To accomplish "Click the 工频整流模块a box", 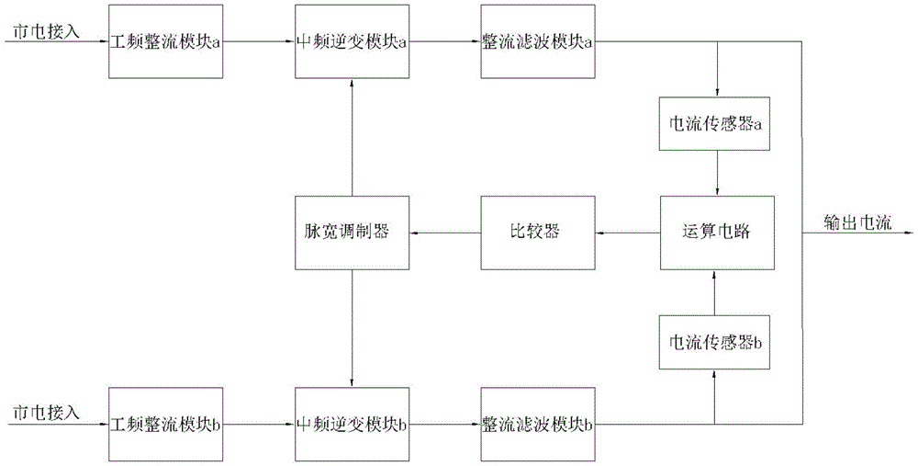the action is pos(165,41).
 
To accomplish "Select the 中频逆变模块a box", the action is pos(352,41).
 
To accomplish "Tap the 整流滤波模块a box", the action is pos(537,41).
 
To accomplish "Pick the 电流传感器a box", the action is pos(715,124).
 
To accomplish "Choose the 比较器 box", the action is pos(537,233).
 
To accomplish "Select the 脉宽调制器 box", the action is pos(352,233).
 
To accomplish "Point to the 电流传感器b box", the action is pos(715,342).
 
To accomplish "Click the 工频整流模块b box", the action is pos(165,424).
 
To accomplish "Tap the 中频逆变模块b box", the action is pos(352,424).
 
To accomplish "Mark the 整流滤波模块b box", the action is pos(537,424).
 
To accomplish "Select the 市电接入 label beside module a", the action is pos(46,31).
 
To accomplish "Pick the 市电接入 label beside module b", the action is pos(46,413).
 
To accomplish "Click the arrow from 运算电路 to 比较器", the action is pos(628,233).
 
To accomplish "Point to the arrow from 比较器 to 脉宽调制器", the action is pos(445,233).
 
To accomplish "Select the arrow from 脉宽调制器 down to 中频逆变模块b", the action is pos(352,328).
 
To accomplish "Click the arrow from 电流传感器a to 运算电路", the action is pos(717,174).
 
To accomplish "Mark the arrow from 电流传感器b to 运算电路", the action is pos(714,292).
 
